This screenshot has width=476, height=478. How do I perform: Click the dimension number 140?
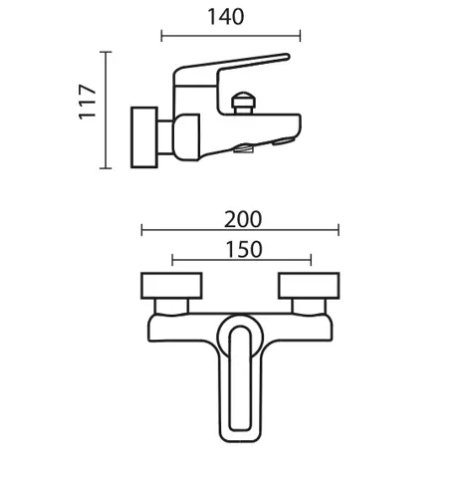(226, 17)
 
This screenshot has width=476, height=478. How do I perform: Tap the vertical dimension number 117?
(88, 103)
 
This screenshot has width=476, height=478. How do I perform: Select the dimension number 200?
(243, 219)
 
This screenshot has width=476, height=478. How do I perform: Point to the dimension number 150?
(244, 250)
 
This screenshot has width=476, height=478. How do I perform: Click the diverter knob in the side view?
(244, 104)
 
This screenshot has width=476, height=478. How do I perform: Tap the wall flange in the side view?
(144, 137)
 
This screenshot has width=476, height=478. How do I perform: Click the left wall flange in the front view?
(171, 286)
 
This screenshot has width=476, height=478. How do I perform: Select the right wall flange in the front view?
(309, 286)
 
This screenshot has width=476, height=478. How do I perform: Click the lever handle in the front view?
(240, 377)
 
